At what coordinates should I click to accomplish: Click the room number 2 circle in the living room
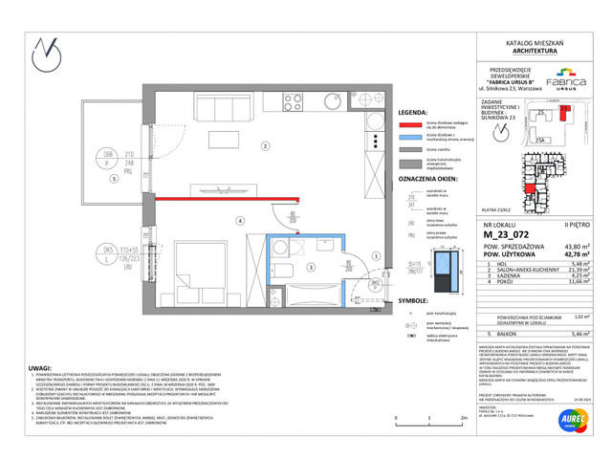click(265, 146)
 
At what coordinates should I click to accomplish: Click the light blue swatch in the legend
click(410, 137)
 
